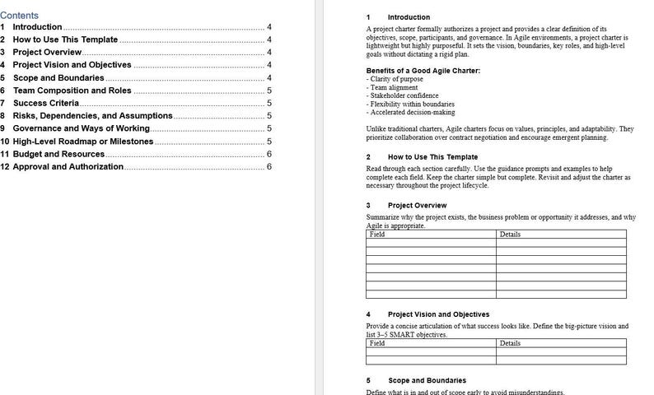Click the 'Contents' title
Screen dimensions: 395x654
coord(19,15)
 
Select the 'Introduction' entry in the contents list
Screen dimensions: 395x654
coord(37,27)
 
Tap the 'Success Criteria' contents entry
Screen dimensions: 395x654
coord(46,103)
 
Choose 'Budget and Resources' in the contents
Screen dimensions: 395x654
coord(58,154)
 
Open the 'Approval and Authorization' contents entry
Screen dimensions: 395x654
coord(68,167)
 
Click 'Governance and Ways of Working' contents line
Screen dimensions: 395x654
coord(81,128)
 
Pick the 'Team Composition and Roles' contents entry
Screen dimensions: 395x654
coord(72,91)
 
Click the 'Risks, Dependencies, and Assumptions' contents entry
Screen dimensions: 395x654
coord(92,116)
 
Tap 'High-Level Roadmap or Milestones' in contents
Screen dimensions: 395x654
coord(82,142)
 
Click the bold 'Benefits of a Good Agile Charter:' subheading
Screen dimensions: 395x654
coord(423,71)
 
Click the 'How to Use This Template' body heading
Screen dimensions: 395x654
coord(432,156)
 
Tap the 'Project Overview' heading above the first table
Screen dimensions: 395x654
coord(417,205)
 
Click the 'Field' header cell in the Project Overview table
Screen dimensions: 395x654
coord(377,235)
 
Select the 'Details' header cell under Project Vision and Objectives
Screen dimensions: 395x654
coord(510,343)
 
